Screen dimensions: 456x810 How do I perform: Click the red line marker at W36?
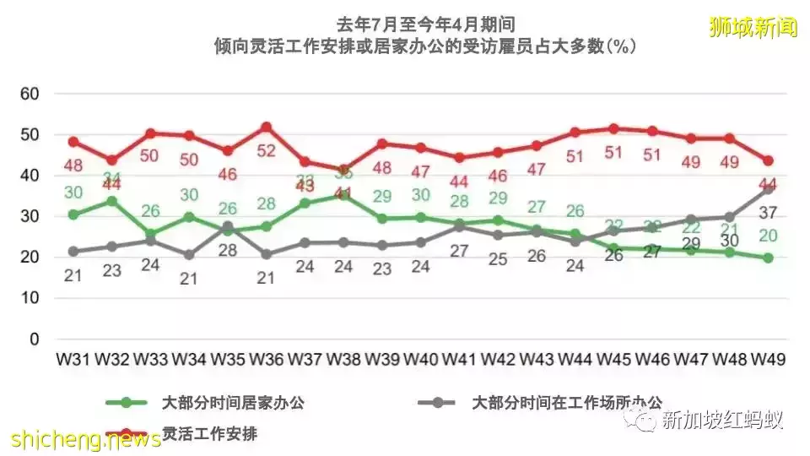(x=267, y=128)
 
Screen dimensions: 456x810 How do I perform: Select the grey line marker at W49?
(x=768, y=189)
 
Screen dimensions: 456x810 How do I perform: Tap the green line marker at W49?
(x=768, y=258)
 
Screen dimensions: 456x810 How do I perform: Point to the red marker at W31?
(x=73, y=142)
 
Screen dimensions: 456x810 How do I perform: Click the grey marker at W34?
(x=190, y=254)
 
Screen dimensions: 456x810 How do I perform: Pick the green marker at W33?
(x=151, y=234)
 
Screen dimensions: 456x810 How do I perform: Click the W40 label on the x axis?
(x=421, y=359)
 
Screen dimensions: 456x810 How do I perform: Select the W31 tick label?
(x=73, y=359)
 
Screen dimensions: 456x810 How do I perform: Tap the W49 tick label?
(x=767, y=359)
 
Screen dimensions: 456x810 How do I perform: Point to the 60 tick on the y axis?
(x=30, y=94)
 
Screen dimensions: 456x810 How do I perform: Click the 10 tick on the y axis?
(x=30, y=298)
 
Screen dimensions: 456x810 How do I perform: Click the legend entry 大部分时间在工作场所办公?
(x=567, y=403)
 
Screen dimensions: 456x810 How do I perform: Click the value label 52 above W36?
(x=267, y=151)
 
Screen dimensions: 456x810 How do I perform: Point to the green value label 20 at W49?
(x=767, y=236)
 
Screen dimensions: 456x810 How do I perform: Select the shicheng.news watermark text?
(x=87, y=439)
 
